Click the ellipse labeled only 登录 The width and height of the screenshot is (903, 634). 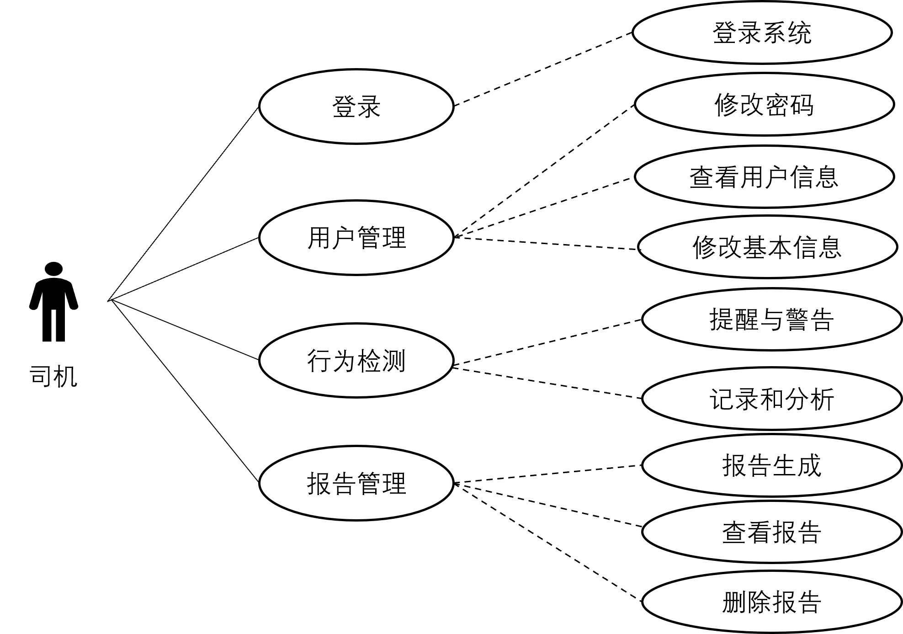coord(356,107)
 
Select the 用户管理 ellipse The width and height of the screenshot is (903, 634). coord(356,238)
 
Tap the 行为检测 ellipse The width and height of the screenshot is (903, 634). coord(356,361)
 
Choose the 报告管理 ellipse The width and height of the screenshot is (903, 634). coord(356,483)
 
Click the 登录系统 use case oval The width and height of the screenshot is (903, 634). coord(762,33)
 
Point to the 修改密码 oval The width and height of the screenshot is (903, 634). coord(764,105)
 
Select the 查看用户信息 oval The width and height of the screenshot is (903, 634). coord(764,177)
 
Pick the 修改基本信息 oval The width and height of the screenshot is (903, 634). coord(767,247)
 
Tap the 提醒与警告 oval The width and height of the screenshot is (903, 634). coord(772,319)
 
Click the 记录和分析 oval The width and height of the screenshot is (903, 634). coord(772,399)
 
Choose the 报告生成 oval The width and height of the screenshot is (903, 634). coord(772,465)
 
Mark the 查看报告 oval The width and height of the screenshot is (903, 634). coord(772,532)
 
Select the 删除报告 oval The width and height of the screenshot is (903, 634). coord(772,602)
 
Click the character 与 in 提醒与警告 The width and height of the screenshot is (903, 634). coord(772,319)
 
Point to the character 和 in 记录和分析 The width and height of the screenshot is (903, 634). coord(772,399)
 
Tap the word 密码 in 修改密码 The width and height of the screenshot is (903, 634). coord(789,105)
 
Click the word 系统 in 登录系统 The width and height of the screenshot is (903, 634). coord(787,33)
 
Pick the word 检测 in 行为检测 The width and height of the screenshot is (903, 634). coord(382,361)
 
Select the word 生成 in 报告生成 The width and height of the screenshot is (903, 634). coord(797,465)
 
